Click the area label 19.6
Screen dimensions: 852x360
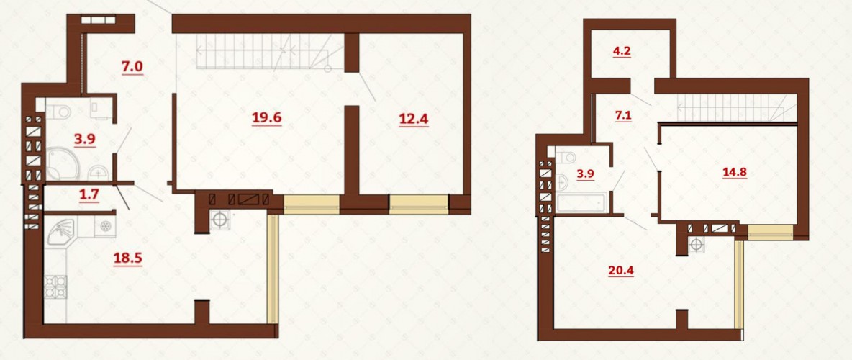266,117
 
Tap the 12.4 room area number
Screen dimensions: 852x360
413,118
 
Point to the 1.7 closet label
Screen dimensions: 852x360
89,195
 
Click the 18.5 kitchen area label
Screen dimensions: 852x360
127,257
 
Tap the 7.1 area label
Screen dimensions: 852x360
622,114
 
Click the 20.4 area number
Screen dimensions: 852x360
622,270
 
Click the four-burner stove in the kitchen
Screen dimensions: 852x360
55,287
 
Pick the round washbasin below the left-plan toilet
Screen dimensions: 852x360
98,172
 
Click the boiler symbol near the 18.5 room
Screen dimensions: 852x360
219,220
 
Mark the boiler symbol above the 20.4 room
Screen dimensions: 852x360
696,245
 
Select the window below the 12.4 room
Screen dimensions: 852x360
419,202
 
